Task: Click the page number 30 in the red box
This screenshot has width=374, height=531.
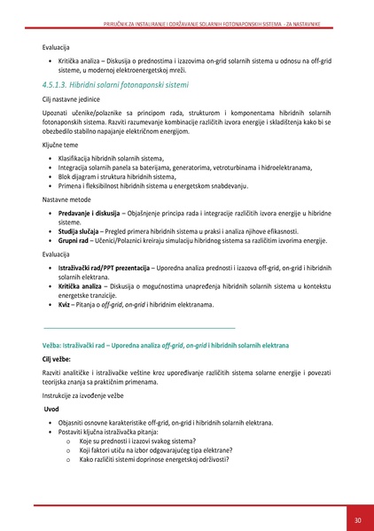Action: tap(357, 519)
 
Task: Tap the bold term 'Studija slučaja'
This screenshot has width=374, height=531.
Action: tap(81, 230)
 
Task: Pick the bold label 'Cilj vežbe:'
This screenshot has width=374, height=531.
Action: tap(59, 360)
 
